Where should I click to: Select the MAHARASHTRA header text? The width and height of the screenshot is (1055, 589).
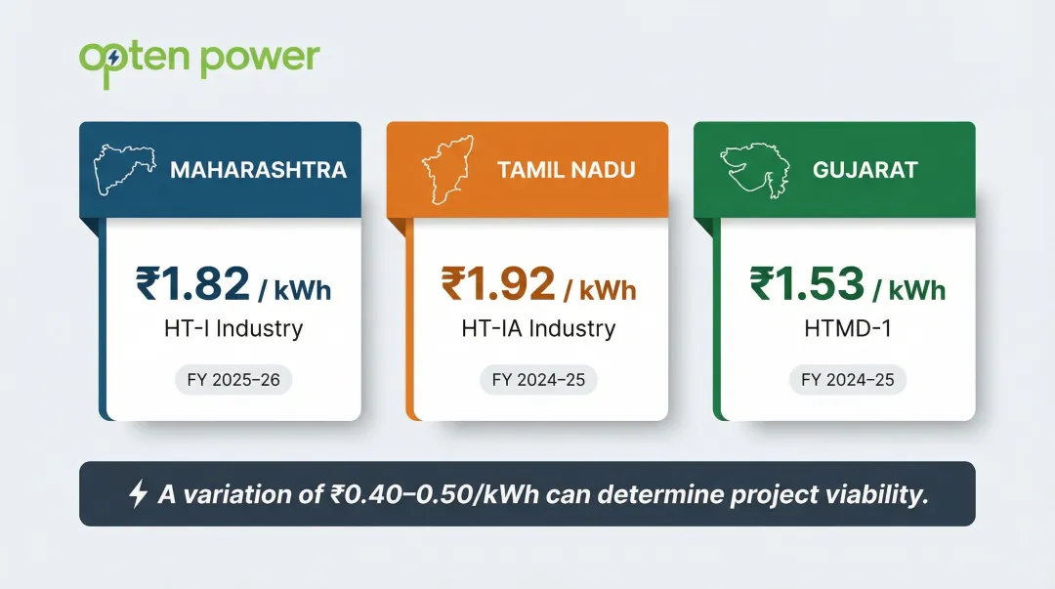258,170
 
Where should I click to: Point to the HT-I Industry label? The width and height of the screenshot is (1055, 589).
233,328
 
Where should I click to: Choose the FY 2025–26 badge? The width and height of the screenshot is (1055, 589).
233,379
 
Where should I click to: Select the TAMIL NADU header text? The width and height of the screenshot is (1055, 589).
567,170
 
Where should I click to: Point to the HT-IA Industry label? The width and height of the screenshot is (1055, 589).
538,328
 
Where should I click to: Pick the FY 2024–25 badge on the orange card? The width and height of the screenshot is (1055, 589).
538,379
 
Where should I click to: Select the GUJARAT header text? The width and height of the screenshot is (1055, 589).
865,170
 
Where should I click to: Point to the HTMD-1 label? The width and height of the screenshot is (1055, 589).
847,328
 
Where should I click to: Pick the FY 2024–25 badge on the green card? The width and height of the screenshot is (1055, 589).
847,379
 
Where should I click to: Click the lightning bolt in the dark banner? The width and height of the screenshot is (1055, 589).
138,494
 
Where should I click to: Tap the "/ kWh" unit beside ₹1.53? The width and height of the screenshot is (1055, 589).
910,290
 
